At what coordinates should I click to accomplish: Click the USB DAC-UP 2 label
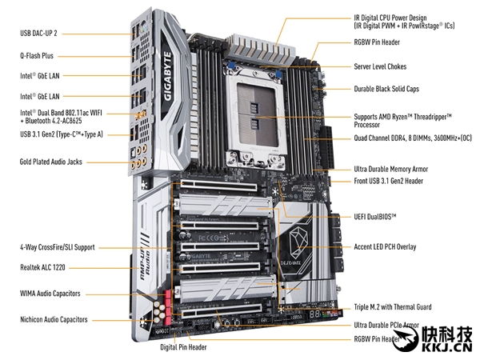(x=38, y=33)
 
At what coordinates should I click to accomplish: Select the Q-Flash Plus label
(x=37, y=56)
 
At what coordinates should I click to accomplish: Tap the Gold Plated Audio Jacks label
(x=51, y=162)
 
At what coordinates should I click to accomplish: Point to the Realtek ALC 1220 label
(x=42, y=267)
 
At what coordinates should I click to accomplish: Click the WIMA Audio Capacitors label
(x=50, y=294)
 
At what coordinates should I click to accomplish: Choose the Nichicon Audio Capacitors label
(x=54, y=319)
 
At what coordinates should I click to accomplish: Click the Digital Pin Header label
(x=183, y=347)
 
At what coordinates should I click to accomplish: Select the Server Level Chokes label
(x=380, y=66)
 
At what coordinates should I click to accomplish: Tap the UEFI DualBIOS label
(x=375, y=217)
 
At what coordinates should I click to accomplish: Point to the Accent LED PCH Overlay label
(x=385, y=246)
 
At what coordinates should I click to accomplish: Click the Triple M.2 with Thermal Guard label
(x=393, y=306)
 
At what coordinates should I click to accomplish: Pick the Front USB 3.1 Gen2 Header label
(x=389, y=181)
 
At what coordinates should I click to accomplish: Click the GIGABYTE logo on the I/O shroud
(x=167, y=76)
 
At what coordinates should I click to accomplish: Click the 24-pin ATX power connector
(x=326, y=147)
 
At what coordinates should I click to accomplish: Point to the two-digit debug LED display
(x=314, y=314)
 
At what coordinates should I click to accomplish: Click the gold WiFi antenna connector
(x=141, y=115)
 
